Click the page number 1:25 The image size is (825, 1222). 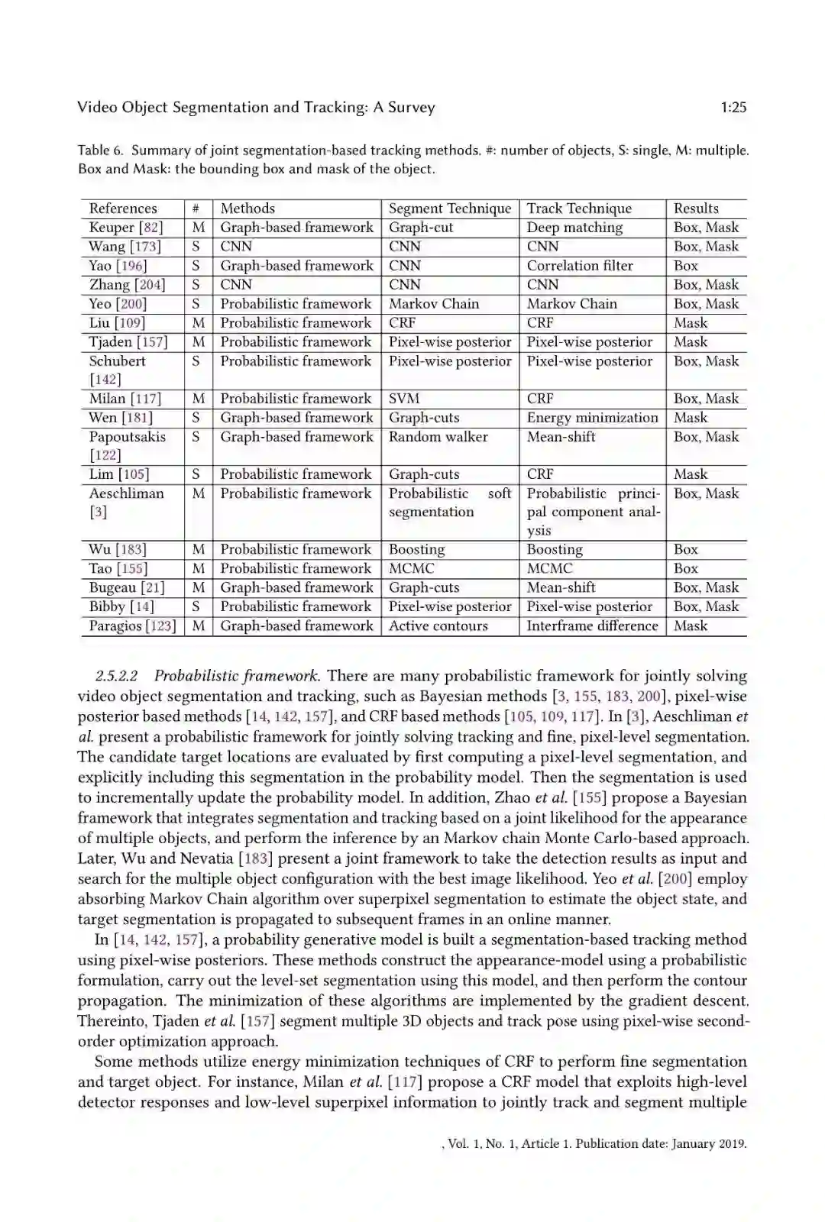click(x=733, y=108)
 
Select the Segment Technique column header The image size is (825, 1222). click(x=450, y=209)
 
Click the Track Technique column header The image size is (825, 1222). click(x=579, y=209)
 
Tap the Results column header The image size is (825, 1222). click(x=696, y=209)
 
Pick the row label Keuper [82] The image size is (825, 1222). click(x=126, y=228)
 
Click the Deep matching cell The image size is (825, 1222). click(x=574, y=228)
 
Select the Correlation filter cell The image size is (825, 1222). click(x=580, y=266)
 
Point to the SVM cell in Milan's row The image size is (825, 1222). click(x=404, y=399)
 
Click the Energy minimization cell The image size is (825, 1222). click(x=592, y=418)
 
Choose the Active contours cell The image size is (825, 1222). click(x=438, y=626)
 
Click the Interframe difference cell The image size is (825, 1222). click(x=592, y=626)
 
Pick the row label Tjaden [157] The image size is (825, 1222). click(x=128, y=342)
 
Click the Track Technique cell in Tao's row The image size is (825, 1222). click(x=549, y=569)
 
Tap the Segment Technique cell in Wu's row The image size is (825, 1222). click(x=416, y=550)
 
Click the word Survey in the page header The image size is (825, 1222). click(x=411, y=108)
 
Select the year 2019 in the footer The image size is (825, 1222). click(x=731, y=1144)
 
